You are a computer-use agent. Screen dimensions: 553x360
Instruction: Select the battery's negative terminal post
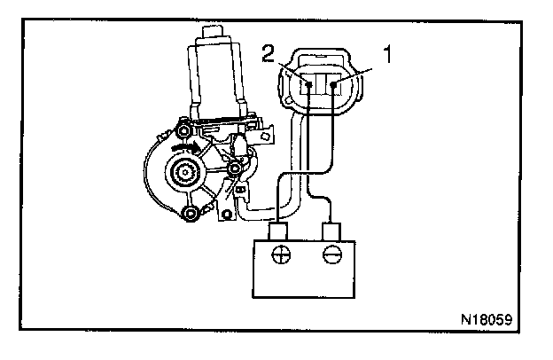(333, 232)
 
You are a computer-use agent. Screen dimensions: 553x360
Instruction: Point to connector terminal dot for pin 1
(334, 85)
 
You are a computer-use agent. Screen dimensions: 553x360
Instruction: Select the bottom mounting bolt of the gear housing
(189, 213)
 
